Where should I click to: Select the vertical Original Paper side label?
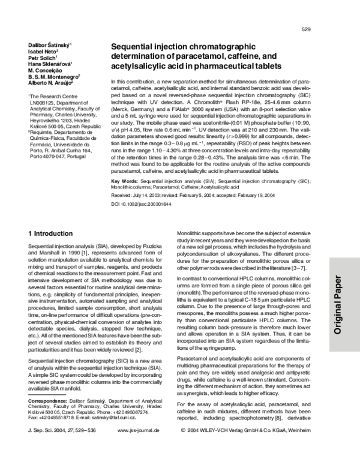pos(337,300)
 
